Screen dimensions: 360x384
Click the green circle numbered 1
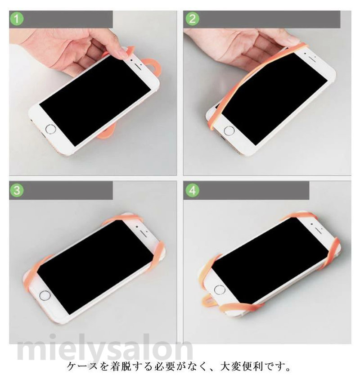[x=17, y=19]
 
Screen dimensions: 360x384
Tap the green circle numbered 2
[x=192, y=19]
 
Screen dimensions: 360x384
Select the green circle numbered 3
[x=17, y=190]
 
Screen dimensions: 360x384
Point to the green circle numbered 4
[x=192, y=190]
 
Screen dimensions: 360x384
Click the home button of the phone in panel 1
[x=51, y=129]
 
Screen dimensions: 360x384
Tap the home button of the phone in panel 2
[x=229, y=131]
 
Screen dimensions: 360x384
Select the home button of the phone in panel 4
[x=220, y=290]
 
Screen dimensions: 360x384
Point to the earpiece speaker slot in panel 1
[x=139, y=67]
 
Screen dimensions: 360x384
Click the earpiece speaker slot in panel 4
[x=318, y=230]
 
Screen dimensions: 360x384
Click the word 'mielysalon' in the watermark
[x=105, y=349]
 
